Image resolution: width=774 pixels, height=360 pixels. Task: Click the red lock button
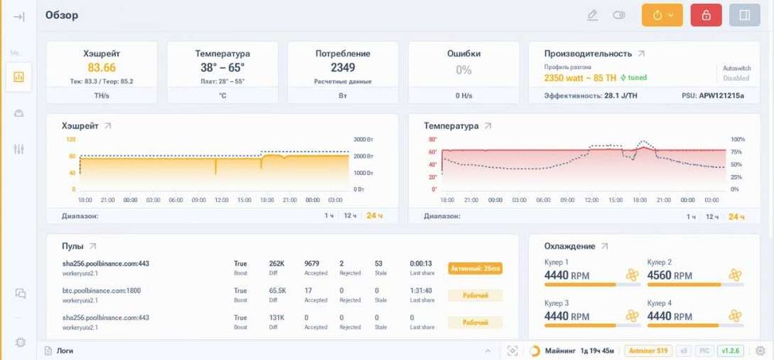705,15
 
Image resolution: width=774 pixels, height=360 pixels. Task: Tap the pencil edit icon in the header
593,15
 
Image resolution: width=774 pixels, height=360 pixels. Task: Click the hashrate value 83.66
101,68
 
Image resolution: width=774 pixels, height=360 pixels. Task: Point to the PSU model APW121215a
721,95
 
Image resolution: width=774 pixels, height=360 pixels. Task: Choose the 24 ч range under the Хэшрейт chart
375,215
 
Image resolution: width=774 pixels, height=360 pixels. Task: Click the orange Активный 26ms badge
475,269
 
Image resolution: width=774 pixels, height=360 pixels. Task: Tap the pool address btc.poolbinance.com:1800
101,290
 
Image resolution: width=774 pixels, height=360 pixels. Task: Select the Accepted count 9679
312,263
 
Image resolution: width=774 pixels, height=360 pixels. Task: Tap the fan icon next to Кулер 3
632,316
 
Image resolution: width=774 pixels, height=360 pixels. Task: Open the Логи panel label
66,351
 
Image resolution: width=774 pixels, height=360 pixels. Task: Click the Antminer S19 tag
647,351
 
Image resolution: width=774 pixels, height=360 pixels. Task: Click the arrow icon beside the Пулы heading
93,246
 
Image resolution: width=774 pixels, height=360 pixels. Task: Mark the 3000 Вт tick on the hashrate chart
363,139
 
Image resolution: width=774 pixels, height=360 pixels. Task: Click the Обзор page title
62,15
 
